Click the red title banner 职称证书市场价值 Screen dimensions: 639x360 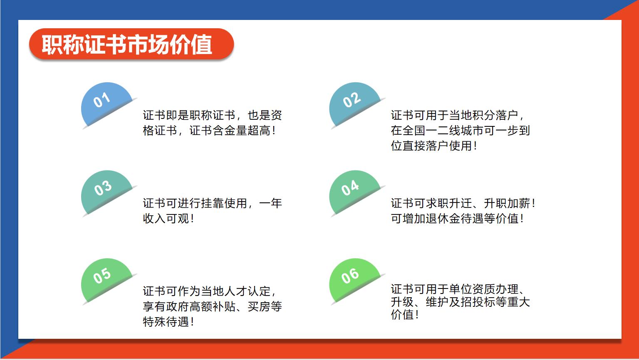tap(131, 44)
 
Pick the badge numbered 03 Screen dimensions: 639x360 tap(106, 191)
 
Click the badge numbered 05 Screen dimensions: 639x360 tap(106, 279)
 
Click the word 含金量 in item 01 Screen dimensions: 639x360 tap(230, 131)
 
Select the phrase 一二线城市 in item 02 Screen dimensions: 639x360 tap(455, 131)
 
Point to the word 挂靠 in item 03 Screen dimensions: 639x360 tap(213, 203)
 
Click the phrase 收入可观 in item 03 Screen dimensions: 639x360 tap(166, 219)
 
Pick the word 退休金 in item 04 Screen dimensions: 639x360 tap(443, 219)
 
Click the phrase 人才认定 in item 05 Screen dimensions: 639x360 tap(248, 291)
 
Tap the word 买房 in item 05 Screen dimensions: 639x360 tap(259, 306)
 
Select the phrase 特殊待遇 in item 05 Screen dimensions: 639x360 tap(166, 322)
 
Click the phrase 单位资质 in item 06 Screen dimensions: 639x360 tap(472, 289)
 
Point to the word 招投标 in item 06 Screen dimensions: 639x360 tap(478, 302)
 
